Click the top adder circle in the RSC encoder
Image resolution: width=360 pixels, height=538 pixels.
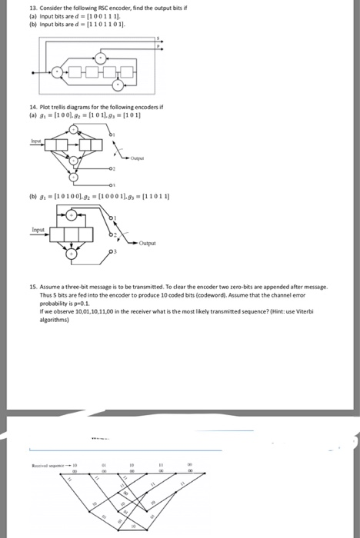[102, 56]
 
